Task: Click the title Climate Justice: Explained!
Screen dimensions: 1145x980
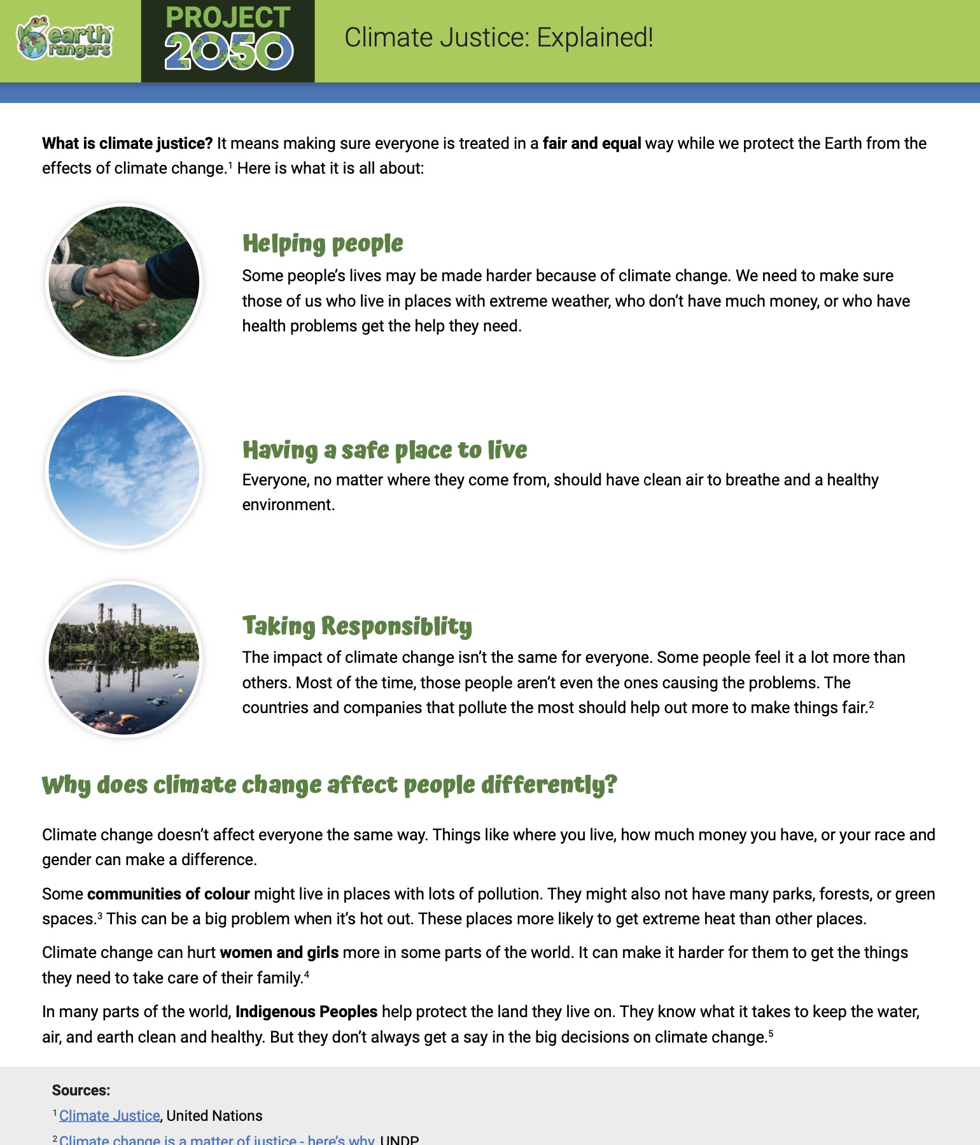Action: coord(498,38)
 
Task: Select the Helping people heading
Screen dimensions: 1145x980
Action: coord(323,244)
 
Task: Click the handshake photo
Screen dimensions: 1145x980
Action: coord(124,281)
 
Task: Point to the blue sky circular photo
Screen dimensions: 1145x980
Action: coord(124,471)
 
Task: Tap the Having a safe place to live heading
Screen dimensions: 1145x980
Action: coord(384,450)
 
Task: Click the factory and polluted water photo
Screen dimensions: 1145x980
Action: coord(124,660)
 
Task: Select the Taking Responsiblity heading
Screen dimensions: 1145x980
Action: coord(357,626)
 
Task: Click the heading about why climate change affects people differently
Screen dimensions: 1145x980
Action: coord(329,785)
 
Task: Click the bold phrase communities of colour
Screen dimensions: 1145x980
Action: coord(168,894)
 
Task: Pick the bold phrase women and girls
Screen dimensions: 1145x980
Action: coord(279,952)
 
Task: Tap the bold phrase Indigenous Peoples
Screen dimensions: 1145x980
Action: coord(306,1011)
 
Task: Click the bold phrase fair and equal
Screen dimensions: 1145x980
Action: coord(591,143)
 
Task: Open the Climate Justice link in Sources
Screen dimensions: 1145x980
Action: coord(109,1116)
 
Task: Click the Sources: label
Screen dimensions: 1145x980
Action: coord(81,1090)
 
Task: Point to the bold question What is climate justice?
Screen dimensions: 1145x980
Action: coord(127,143)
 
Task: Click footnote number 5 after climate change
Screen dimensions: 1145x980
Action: coord(771,1034)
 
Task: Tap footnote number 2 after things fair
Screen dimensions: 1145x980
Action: coord(871,704)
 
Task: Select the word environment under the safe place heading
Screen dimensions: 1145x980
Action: coord(288,504)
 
